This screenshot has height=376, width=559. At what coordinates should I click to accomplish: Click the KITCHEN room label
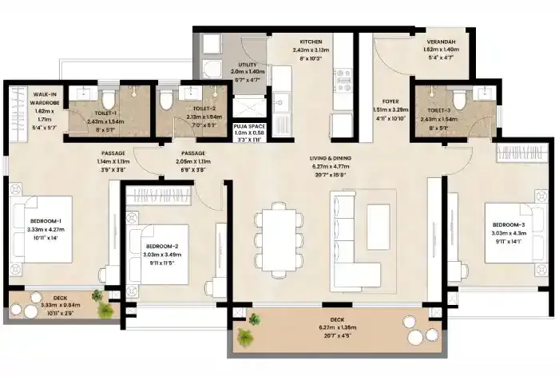tap(310, 40)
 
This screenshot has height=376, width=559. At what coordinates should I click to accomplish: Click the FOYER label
tap(391, 101)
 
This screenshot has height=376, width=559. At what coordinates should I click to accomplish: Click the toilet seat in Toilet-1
tap(110, 99)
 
